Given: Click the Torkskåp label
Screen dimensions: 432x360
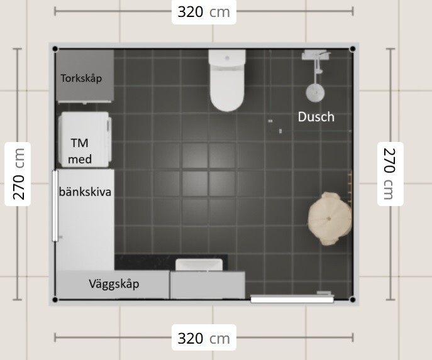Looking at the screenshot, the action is point(81,79).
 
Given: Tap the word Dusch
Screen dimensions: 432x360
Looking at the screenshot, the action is point(316,117).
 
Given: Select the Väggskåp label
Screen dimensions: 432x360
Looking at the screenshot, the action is point(114,284).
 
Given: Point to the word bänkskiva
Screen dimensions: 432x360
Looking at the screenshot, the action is point(85,192).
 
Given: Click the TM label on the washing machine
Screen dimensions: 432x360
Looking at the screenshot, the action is point(80,143).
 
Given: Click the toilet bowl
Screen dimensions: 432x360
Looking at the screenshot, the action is point(227,87).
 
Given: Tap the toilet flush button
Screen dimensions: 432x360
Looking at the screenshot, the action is point(227,58).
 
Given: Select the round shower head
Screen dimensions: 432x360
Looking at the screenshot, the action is point(315,92).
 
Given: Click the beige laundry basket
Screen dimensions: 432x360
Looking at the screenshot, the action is point(330,219).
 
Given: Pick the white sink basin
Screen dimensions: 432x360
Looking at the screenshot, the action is point(199,265).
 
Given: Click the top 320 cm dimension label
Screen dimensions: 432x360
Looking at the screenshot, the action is point(204,12).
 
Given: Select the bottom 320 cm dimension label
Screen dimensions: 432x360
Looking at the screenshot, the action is point(204,338).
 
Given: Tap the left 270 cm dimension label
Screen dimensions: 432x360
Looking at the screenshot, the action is point(18,174).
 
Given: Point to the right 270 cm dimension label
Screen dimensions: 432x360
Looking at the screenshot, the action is point(390,174).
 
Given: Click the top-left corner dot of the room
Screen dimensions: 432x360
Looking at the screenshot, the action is point(55,49).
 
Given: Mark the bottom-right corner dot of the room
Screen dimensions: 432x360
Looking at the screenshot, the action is point(352,300).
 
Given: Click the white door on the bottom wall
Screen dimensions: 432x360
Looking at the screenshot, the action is point(292,299).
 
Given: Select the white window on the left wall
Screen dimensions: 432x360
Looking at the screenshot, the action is point(55,206).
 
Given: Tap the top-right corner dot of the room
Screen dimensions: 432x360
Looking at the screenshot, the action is point(352,49).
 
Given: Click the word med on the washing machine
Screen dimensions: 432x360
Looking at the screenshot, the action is point(80,160).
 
